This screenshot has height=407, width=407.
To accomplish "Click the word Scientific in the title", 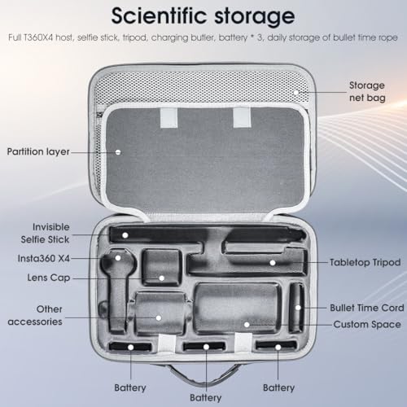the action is (x=159, y=15).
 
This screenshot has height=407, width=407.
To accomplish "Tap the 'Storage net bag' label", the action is (x=367, y=91).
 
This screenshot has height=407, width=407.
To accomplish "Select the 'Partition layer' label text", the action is (x=38, y=151).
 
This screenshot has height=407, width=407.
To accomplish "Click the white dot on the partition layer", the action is (x=118, y=152).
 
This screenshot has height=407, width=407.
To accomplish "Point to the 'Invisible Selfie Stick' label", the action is (x=46, y=233).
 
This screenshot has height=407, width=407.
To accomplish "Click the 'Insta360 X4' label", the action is (x=44, y=258).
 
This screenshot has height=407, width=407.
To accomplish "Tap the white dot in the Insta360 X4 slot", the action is (x=118, y=258).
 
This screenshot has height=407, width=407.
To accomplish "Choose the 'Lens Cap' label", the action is (x=49, y=278).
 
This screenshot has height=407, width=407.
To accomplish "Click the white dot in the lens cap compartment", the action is (x=162, y=278).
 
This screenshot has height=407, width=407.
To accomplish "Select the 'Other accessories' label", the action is (x=35, y=315).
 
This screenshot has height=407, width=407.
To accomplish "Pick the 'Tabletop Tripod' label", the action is (x=365, y=262).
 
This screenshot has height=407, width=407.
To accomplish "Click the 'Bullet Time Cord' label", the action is (x=367, y=308).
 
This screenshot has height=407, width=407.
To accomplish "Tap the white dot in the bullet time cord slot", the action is (x=298, y=308).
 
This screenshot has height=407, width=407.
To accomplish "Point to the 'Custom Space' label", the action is (x=367, y=325).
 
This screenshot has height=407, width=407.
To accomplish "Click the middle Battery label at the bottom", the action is (x=206, y=398).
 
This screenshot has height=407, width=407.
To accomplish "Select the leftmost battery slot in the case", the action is (x=130, y=347).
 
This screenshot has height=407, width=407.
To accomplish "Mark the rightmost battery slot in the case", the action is (x=276, y=346).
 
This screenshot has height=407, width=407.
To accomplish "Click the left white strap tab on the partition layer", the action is (x=168, y=118).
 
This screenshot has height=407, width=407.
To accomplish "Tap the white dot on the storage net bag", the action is (x=296, y=93).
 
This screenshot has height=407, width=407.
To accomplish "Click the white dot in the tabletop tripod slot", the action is (x=273, y=263).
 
